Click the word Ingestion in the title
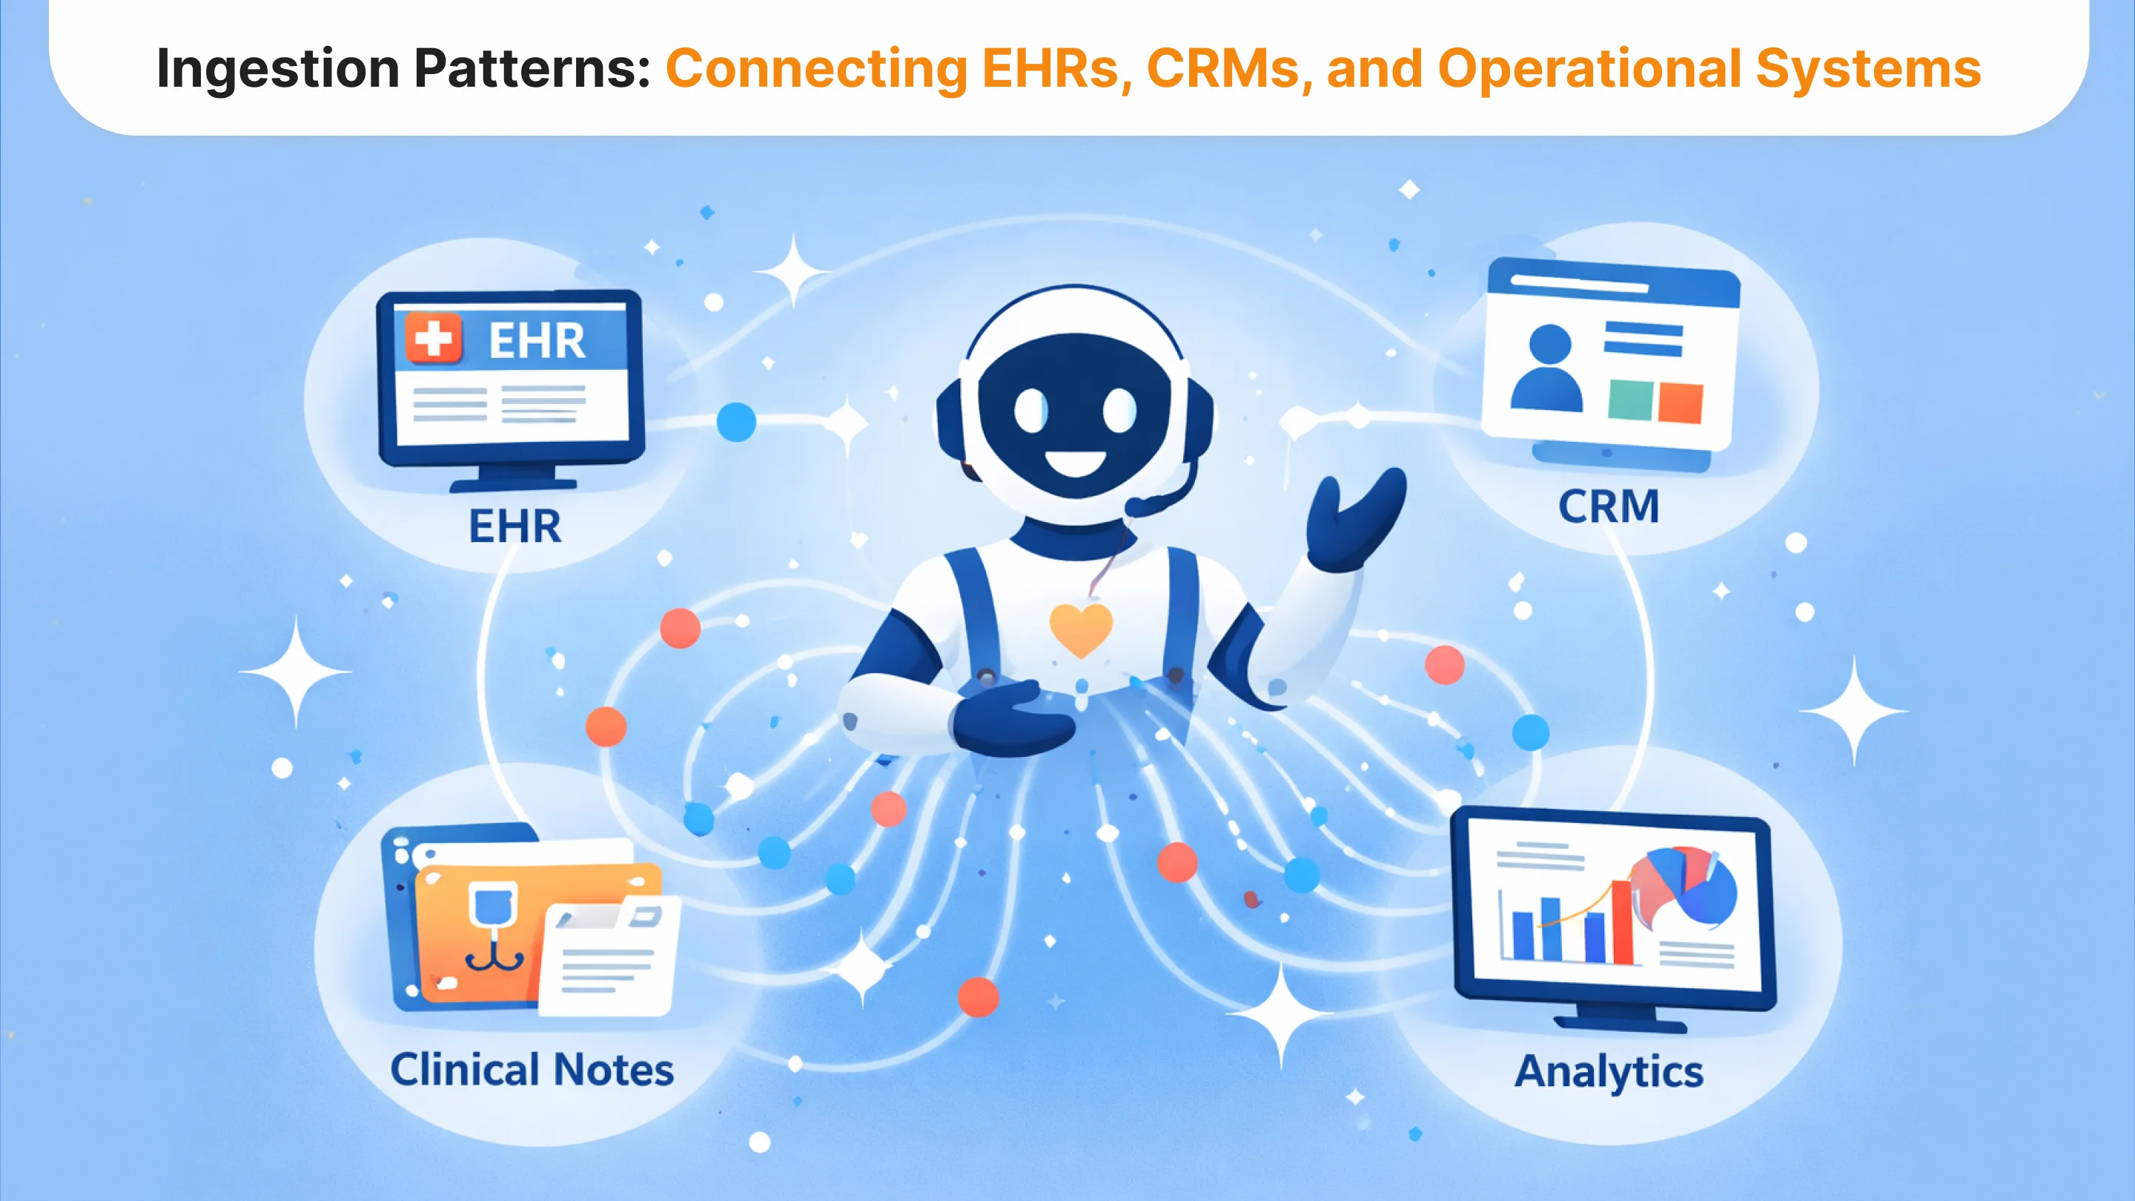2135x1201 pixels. (279, 70)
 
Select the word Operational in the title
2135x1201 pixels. (1589, 70)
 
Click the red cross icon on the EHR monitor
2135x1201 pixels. (433, 339)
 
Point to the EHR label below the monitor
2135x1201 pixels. (514, 526)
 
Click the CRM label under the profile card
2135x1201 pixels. (1609, 506)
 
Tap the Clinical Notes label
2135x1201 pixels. (532, 1069)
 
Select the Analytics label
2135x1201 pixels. (1609, 1073)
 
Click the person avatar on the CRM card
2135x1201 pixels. (1546, 368)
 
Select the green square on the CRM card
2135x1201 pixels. (1629, 400)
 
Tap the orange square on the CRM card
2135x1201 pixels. (1679, 403)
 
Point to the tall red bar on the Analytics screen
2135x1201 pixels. (1622, 922)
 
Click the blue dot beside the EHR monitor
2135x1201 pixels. (736, 422)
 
